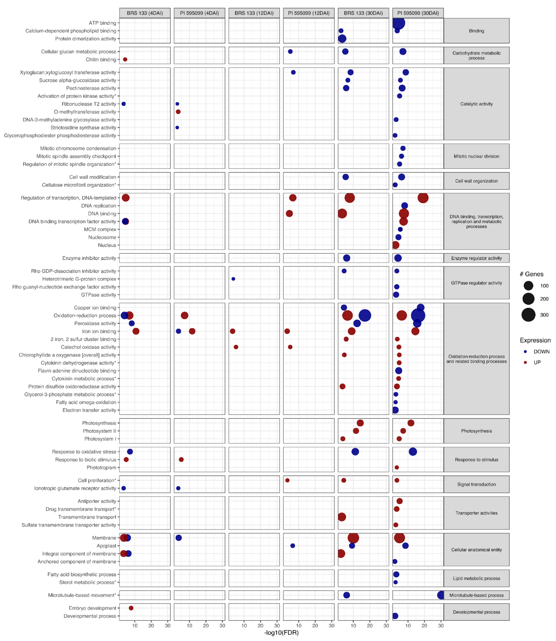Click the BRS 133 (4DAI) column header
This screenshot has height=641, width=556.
[x=145, y=13]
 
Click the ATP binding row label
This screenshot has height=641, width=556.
[x=102, y=23]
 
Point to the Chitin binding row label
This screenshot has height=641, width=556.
[x=101, y=60]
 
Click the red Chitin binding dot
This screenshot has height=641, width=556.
[x=125, y=60]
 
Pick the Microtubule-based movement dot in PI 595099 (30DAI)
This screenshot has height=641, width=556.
[x=441, y=595]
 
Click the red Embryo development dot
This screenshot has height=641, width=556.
[x=131, y=608]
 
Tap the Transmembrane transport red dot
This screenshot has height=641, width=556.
[x=342, y=517]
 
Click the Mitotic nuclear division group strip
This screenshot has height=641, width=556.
[x=476, y=156]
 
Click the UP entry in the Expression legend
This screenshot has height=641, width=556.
[x=537, y=362]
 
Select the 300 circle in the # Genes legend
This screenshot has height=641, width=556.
[x=528, y=315]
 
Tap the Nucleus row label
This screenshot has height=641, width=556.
[x=107, y=245]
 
